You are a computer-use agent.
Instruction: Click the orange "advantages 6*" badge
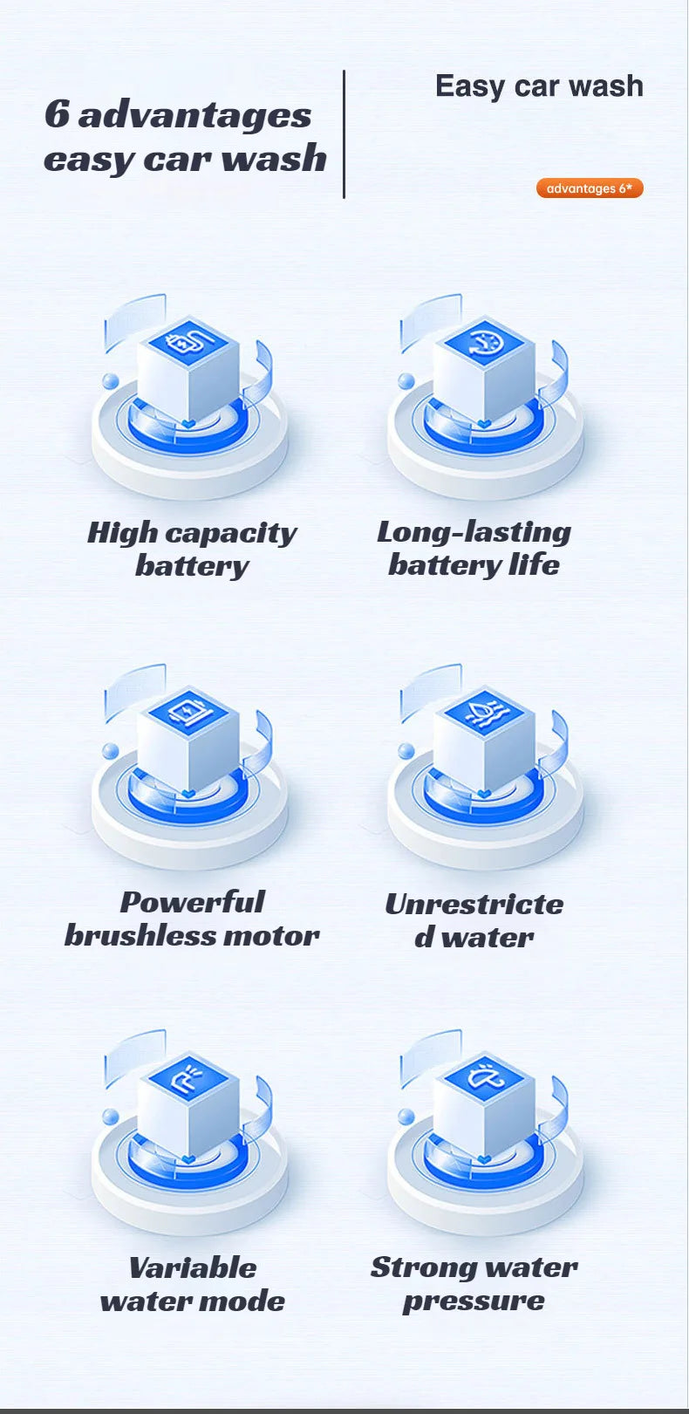[590, 188]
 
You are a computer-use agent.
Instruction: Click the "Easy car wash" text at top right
[540, 86]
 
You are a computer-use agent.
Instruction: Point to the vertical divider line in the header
[344, 133]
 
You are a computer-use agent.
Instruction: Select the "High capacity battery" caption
[192, 550]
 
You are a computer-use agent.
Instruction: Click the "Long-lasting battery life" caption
[474, 549]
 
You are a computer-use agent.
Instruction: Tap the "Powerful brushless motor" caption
[192, 919]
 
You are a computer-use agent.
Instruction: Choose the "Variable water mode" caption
[192, 1285]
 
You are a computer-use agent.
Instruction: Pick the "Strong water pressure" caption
[474, 1284]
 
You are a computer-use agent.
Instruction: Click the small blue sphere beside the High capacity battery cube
[111, 381]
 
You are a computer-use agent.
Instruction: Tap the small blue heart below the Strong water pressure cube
[484, 1159]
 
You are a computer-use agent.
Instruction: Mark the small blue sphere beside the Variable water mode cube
[111, 1117]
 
